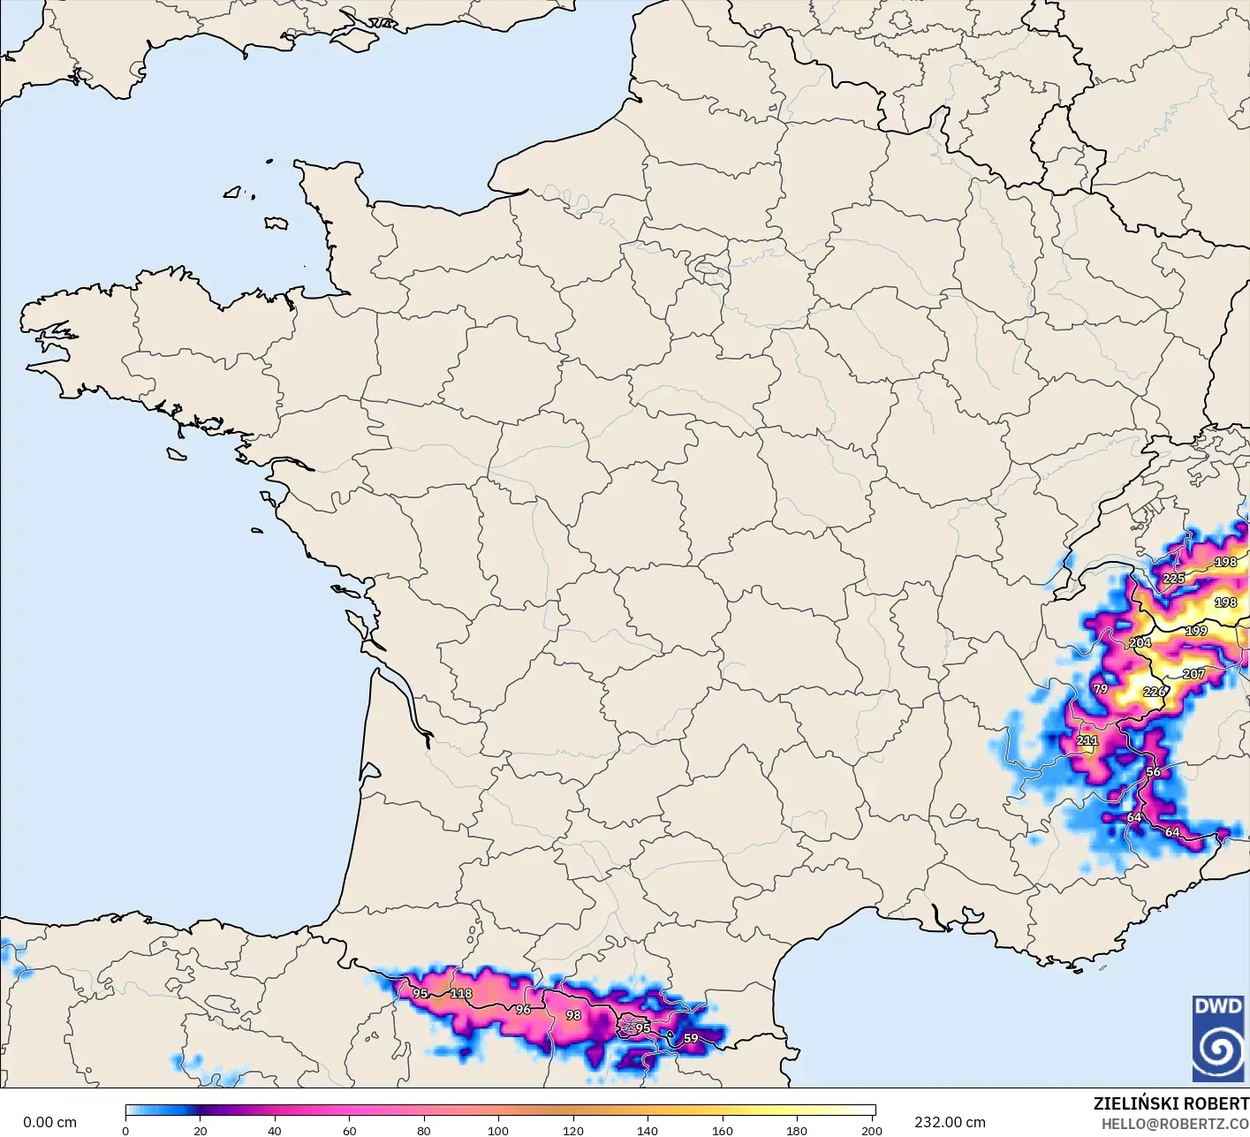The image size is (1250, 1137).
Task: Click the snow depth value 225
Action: pos(1173,579)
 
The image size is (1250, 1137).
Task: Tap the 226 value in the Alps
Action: pos(1154,692)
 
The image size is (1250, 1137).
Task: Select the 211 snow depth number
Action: pos(1087,740)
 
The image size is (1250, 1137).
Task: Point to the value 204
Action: pos(1140,642)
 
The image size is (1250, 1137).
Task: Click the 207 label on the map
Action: pos(1193,674)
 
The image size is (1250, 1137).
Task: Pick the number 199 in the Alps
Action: pos(1196,631)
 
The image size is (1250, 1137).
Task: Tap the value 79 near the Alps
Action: pos(1100,688)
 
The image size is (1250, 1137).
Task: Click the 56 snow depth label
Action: pos(1153,771)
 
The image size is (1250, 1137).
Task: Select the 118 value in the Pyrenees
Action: pos(461,993)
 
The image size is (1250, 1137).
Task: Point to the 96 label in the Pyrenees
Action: pos(523,1009)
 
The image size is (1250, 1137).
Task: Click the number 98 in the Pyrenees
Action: pos(573,1015)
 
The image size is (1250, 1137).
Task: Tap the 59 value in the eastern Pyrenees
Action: pos(691,1038)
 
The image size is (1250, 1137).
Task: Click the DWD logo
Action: pos(1217,1038)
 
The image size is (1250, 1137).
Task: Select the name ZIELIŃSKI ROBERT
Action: pos(1170,1103)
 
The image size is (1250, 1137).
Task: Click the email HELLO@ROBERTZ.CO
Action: pos(1175,1124)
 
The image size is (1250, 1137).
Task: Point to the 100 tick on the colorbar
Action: pos(498,1131)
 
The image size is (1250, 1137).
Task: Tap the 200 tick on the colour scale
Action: pos(871,1131)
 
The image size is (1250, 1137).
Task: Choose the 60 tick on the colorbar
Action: pos(349,1131)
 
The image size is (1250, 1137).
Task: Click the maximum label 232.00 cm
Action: pos(950,1122)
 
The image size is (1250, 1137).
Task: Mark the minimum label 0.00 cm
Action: pos(49,1122)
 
